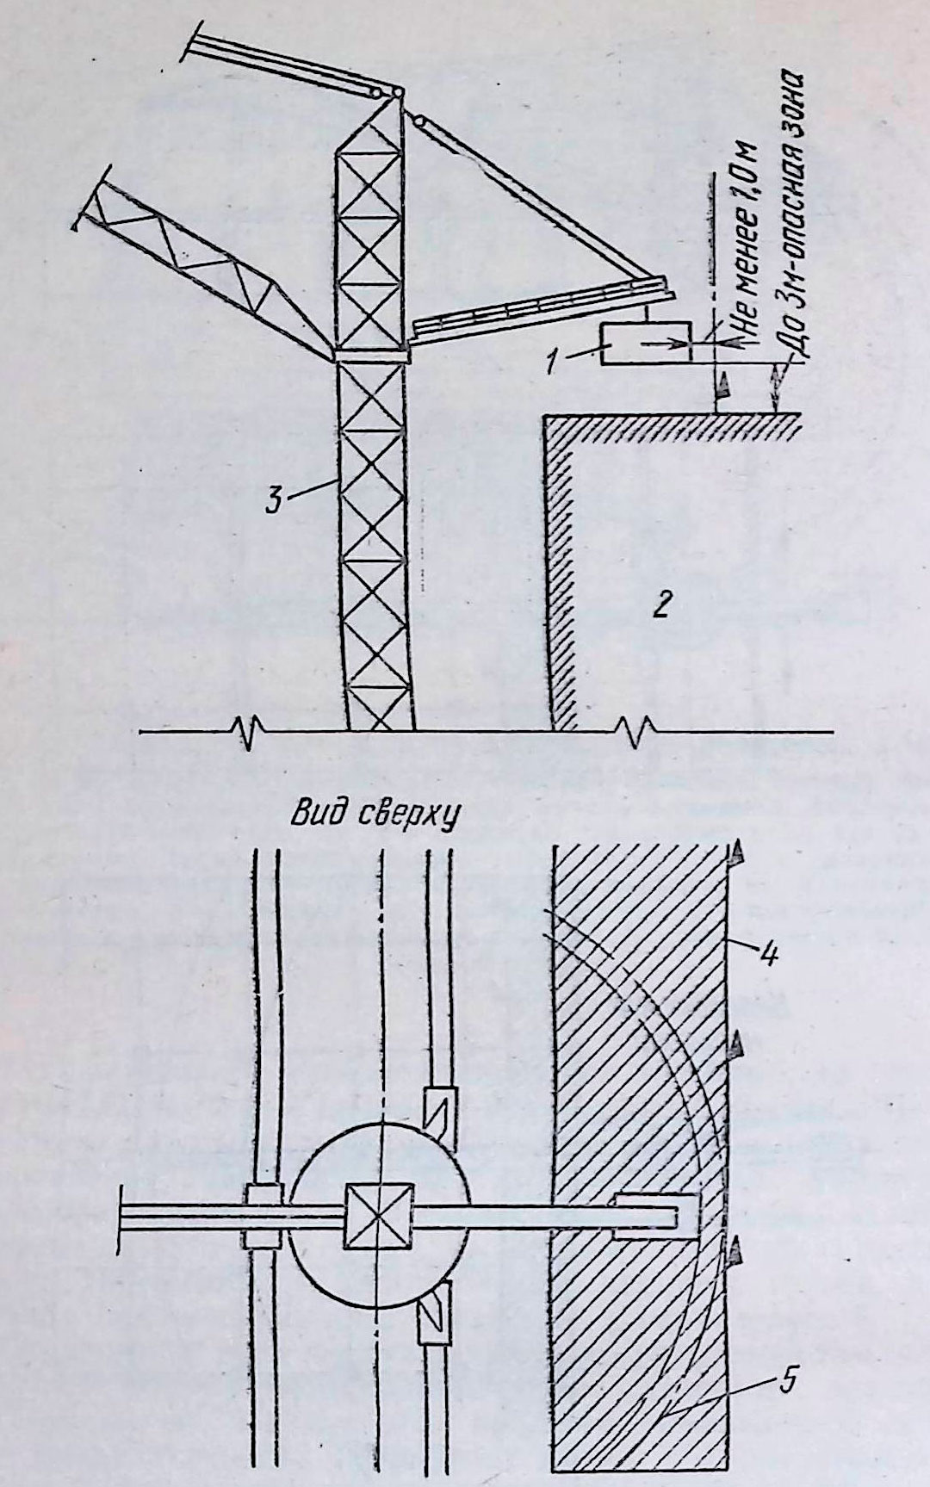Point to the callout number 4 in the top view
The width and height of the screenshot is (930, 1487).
[x=769, y=953]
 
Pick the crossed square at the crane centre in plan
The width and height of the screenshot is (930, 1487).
[x=378, y=1215]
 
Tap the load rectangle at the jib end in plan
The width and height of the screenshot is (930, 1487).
[x=654, y=1216]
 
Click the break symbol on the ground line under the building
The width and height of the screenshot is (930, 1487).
[x=639, y=734]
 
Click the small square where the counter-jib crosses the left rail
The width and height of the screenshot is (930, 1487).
[x=263, y=1215]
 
